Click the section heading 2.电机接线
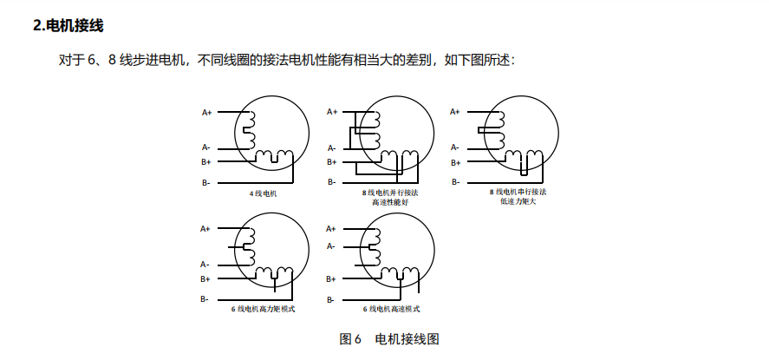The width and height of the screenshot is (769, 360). pyautogui.click(x=68, y=26)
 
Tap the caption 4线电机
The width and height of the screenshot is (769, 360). pyautogui.click(x=263, y=193)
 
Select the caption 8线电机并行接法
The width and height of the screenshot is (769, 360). pyautogui.click(x=389, y=193)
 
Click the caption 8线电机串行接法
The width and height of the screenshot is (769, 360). pyautogui.click(x=518, y=191)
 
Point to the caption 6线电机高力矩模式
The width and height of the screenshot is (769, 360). pyautogui.click(x=263, y=309)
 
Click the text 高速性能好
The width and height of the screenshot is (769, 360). pyautogui.click(x=389, y=202)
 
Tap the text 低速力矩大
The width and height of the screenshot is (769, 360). pyautogui.click(x=518, y=200)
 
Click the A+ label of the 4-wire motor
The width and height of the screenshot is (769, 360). pyautogui.click(x=207, y=112)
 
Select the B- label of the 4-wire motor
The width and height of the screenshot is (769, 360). pyautogui.click(x=206, y=183)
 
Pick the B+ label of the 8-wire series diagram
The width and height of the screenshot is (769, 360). pyautogui.click(x=455, y=162)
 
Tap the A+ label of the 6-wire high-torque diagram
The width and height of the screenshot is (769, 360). pyautogui.click(x=205, y=228)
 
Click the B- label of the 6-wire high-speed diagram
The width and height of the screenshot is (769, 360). pyautogui.click(x=331, y=299)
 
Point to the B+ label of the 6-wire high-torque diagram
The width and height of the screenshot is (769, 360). pyautogui.click(x=205, y=278)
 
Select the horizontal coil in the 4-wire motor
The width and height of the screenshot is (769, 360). pyautogui.click(x=275, y=157)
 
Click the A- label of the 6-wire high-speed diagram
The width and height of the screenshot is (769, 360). pyautogui.click(x=331, y=246)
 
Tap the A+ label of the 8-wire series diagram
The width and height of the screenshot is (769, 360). pyautogui.click(x=456, y=111)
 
